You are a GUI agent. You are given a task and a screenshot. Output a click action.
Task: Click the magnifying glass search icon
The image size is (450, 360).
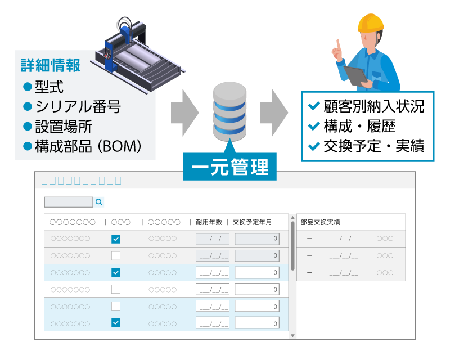pyautogui.click(x=99, y=202)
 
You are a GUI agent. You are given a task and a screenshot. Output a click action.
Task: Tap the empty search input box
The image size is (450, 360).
pyautogui.click(x=69, y=202)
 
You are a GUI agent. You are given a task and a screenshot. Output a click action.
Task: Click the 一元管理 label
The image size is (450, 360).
pyautogui.click(x=229, y=167)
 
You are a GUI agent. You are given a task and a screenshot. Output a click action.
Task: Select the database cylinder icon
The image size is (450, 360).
pyautogui.click(x=229, y=111)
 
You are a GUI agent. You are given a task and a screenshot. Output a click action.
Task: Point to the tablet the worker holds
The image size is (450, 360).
pyautogui.click(x=356, y=75)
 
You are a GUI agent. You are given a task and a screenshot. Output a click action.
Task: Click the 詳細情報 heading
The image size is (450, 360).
pyautogui.click(x=51, y=65)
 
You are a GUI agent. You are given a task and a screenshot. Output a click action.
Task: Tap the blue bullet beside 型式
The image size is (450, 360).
pyautogui.click(x=27, y=87)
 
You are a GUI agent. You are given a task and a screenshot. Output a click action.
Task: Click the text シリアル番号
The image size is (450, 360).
pyautogui.click(x=78, y=106)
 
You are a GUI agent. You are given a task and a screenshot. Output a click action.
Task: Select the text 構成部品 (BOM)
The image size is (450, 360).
pyautogui.click(x=88, y=146)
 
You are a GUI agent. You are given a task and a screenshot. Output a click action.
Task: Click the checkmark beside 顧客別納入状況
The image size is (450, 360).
pyautogui.click(x=314, y=106)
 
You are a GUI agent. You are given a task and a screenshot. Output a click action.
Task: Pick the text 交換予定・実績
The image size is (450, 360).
pyautogui.click(x=374, y=146)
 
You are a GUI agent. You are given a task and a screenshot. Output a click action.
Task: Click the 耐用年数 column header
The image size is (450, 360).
pyautogui.click(x=209, y=222)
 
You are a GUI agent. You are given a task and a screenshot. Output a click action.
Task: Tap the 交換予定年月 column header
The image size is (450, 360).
pyautogui.click(x=252, y=222)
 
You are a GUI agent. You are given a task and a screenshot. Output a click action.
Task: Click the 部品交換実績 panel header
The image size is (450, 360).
pyautogui.click(x=320, y=222)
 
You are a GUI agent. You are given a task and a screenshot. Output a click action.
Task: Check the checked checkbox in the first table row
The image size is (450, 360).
pyautogui.click(x=116, y=239)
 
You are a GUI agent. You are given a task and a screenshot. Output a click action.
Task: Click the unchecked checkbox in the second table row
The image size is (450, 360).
pyautogui.click(x=116, y=255)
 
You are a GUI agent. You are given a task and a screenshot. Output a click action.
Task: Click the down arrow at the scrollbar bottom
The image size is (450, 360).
pyautogui.click(x=292, y=336)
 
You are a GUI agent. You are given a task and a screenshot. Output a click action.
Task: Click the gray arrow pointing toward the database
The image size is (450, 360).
pyautogui.click(x=185, y=112)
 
